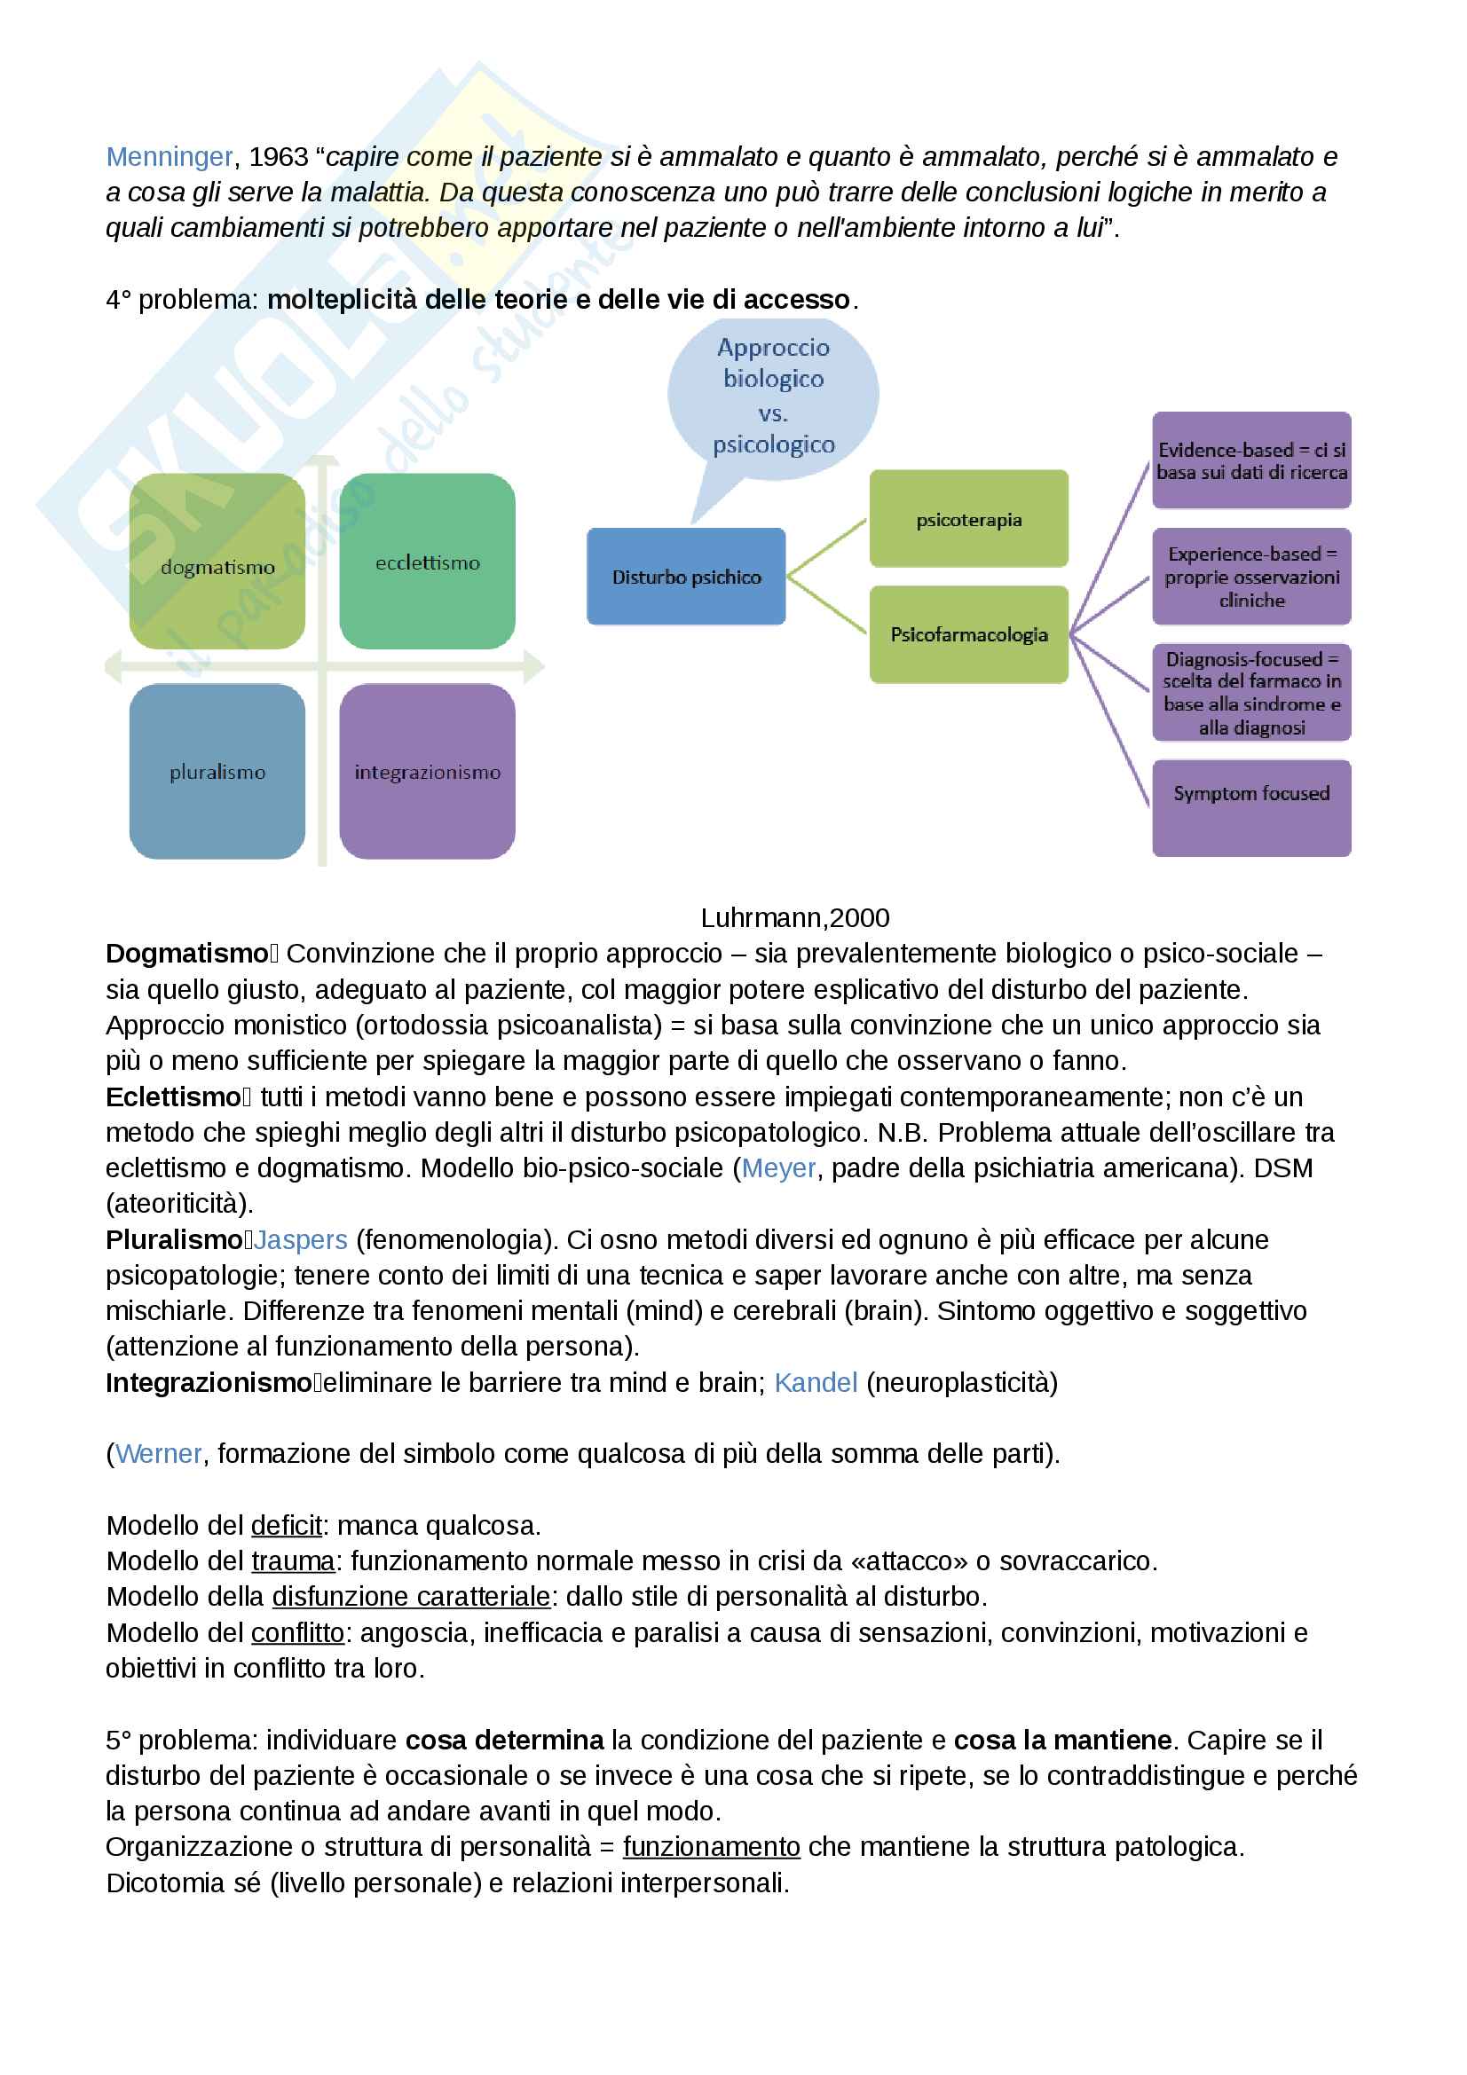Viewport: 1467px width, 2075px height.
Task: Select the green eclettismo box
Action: [428, 562]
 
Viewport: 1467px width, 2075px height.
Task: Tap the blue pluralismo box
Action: [217, 771]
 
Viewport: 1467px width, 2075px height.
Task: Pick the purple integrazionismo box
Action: [428, 771]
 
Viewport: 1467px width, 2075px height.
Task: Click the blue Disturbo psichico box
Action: [686, 577]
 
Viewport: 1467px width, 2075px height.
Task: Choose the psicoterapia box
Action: [968, 519]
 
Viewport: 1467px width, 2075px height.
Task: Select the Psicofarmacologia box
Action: [968, 634]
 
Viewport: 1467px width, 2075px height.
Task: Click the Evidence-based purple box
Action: [1251, 461]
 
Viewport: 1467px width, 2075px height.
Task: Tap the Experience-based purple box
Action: [1251, 577]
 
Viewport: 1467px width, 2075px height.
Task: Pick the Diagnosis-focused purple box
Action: [1251, 692]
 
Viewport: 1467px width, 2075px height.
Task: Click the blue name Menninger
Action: [169, 157]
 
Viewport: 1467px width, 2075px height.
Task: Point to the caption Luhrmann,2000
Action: [794, 918]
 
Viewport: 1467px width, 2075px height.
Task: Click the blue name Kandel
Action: [816, 1383]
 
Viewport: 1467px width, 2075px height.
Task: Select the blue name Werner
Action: [158, 1454]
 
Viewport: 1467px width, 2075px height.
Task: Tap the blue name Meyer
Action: [778, 1168]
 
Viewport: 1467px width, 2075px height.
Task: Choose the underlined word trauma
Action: [293, 1561]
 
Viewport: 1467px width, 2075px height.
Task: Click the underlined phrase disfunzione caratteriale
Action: [411, 1597]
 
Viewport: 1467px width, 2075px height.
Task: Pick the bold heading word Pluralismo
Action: [174, 1240]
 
